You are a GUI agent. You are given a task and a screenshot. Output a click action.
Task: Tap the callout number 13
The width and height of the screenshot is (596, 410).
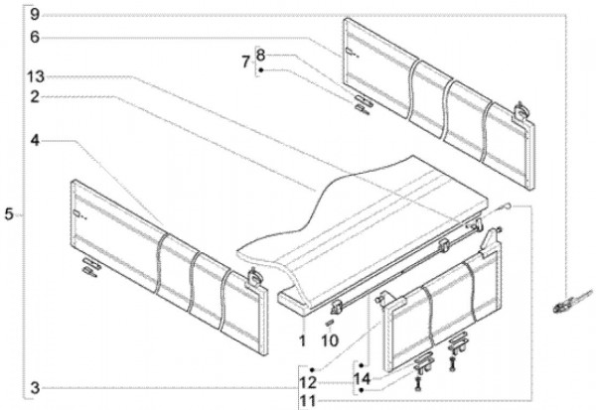coord(36,76)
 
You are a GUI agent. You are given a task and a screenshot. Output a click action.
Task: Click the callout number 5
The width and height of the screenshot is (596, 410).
coord(9,213)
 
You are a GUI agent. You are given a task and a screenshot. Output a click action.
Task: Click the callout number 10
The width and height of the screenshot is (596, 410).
coord(331,341)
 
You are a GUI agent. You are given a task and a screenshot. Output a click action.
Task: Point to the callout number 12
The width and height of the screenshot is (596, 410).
coord(310,380)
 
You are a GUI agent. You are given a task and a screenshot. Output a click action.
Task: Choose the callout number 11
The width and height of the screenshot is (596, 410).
coord(310,400)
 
